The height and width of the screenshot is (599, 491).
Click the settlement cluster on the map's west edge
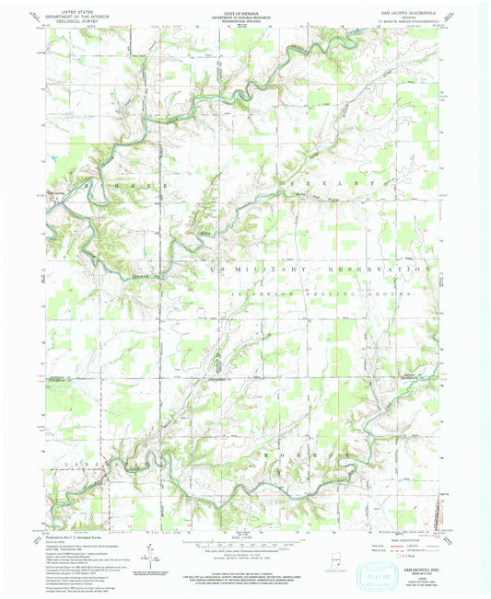[x=57, y=195]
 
